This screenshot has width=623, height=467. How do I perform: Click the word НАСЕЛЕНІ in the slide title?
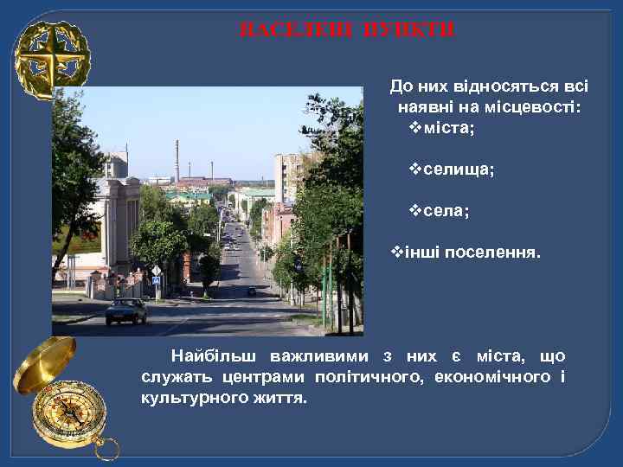(x=291, y=30)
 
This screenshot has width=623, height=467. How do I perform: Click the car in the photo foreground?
(x=126, y=310)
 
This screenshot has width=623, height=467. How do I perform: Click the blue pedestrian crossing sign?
(x=157, y=270)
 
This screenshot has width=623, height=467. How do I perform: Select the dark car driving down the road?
(x=251, y=291)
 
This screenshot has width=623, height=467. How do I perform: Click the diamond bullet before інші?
(x=398, y=253)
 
